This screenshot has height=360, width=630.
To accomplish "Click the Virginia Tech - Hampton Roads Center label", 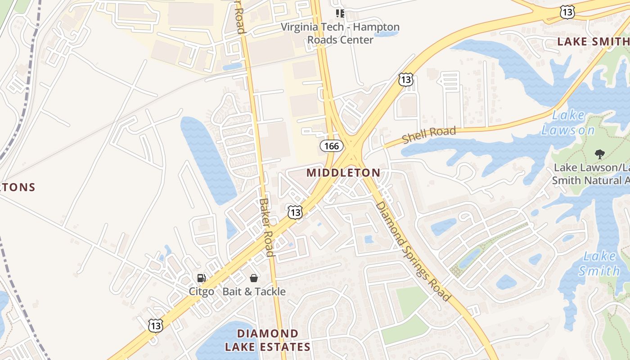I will [x=340, y=33].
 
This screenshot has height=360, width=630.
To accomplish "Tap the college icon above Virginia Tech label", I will [x=340, y=13].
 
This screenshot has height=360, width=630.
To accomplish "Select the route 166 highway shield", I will [x=332, y=146].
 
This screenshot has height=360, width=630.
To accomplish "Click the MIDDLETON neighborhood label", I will [x=343, y=172].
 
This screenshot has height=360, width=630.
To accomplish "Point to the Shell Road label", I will [x=429, y=135].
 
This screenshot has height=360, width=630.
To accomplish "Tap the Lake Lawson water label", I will [x=568, y=123].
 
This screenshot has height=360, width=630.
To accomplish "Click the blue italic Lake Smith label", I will [x=599, y=264].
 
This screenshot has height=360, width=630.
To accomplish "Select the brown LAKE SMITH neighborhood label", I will [x=593, y=42].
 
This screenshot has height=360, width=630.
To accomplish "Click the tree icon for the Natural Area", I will [x=599, y=154].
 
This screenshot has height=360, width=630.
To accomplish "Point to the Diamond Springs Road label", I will [x=413, y=251].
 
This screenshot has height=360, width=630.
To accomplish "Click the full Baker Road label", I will [x=267, y=227].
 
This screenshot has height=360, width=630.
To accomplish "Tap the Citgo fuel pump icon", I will [x=201, y=279].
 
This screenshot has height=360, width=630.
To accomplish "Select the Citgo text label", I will [x=201, y=292].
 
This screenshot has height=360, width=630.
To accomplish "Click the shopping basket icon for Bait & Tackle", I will [x=254, y=279].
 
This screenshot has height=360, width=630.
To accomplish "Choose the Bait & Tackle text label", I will [x=254, y=292].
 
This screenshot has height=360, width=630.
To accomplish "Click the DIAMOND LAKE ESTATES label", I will [x=267, y=340].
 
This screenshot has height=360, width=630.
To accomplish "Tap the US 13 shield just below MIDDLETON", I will [x=295, y=212].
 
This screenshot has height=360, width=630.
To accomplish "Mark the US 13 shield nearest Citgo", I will [x=156, y=325].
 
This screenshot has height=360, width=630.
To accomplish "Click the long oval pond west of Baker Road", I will [x=208, y=160].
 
